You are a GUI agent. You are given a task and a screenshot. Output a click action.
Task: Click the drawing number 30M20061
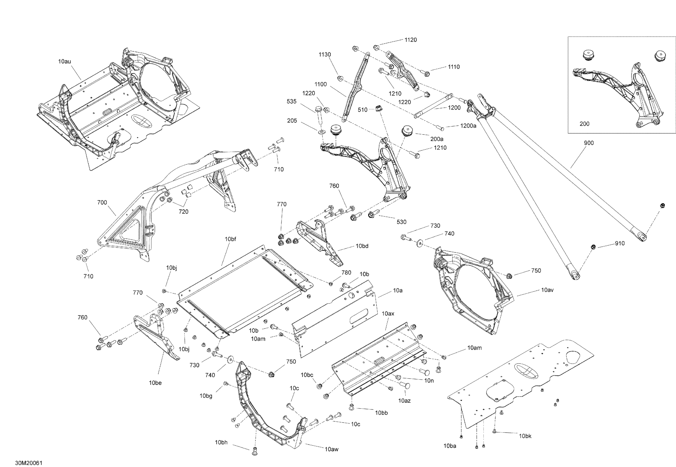pos(29,463)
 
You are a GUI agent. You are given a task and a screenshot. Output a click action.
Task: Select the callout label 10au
pos(64,62)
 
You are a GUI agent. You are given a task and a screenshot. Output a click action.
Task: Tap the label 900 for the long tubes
pos(589,143)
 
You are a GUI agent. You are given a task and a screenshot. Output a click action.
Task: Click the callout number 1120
pos(411,40)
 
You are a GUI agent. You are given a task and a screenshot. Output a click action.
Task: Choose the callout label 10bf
pos(230,239)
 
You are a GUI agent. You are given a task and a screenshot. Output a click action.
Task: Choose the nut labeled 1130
pos(340,78)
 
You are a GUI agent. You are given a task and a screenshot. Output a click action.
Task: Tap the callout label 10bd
pos(362,246)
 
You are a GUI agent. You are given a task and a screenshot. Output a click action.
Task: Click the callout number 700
pos(102,203)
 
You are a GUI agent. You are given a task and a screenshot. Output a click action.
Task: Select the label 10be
pos(155,383)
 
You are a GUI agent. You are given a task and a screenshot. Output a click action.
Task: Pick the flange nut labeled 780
pos(331,283)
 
